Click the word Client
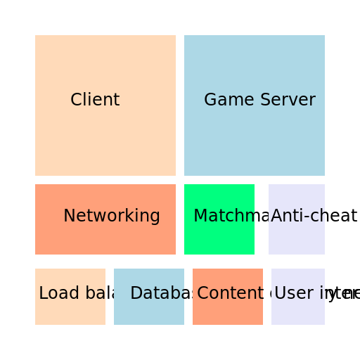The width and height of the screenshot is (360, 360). (x=95, y=100)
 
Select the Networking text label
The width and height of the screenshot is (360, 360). (x=112, y=216)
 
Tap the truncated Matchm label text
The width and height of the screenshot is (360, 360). (x=224, y=216)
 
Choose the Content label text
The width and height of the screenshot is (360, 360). (x=229, y=293)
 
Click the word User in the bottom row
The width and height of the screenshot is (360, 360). (x=288, y=293)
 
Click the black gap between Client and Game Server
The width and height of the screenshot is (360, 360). (x=180, y=105)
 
